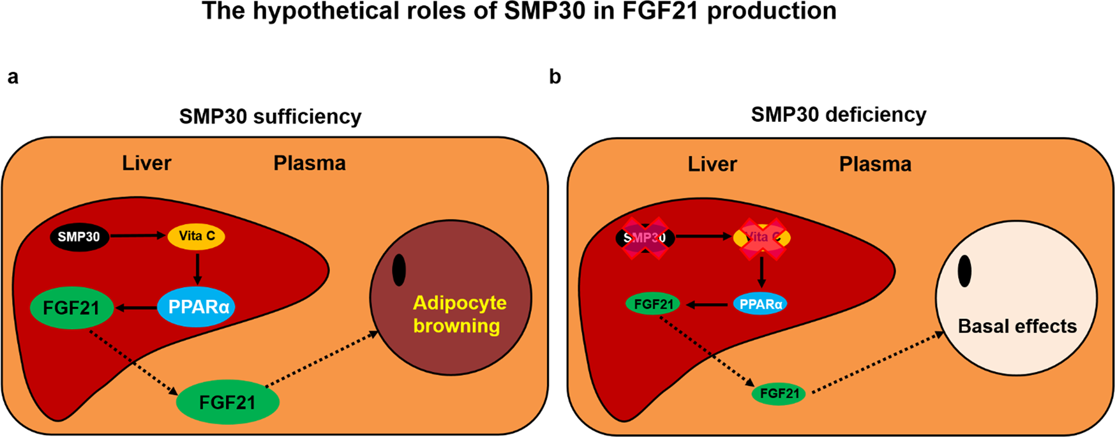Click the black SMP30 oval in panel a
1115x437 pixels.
pyautogui.click(x=79, y=237)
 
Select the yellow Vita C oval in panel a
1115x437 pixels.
pyautogui.click(x=197, y=236)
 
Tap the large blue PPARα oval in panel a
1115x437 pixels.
pyautogui.click(x=197, y=307)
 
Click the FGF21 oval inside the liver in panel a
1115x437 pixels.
pyautogui.click(x=71, y=308)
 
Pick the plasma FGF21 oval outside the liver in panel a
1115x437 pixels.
pyautogui.click(x=227, y=403)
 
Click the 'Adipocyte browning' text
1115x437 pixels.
pyautogui.click(x=460, y=314)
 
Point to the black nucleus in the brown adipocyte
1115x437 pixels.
pyautogui.click(x=399, y=270)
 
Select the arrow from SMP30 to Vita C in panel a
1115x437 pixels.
pyautogui.click(x=137, y=236)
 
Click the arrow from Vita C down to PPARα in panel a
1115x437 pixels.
pyautogui.click(x=197, y=269)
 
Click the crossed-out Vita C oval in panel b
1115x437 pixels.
pyautogui.click(x=762, y=238)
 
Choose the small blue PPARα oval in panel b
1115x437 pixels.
pyautogui.click(x=760, y=304)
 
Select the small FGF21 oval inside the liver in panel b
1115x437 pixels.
pyautogui.click(x=653, y=304)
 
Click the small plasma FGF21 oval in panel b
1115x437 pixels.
pyautogui.click(x=779, y=394)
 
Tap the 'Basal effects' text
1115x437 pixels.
pyautogui.click(x=1017, y=326)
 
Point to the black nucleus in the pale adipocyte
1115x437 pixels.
pyautogui.click(x=964, y=270)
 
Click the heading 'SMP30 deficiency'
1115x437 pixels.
pyautogui.click(x=838, y=114)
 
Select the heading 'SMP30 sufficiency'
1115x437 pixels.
pyautogui.click(x=270, y=117)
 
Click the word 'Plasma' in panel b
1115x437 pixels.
pyautogui.click(x=875, y=164)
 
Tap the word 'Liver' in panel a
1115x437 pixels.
pyautogui.click(x=146, y=163)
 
